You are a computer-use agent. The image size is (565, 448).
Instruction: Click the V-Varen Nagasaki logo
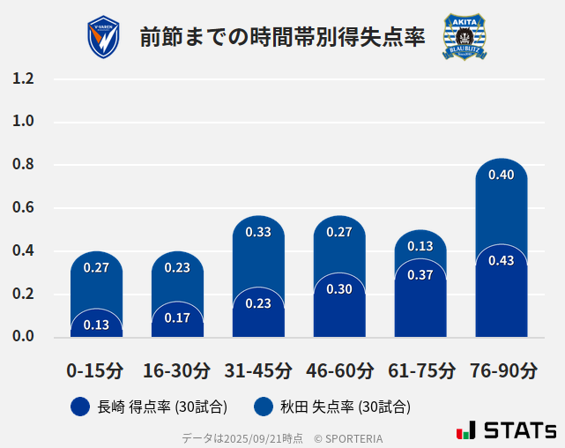pos(103,37)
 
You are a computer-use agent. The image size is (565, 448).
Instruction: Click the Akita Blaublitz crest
pos(464,37)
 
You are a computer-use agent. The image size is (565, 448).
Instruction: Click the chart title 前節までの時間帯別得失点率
pos(282,37)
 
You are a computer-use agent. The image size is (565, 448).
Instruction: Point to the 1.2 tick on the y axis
pos(23,79)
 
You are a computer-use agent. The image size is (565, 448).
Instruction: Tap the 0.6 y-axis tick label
pos(23,208)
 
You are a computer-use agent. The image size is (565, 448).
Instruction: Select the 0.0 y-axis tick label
pos(23,336)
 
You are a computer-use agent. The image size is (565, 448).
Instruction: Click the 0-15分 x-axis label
pos(95,370)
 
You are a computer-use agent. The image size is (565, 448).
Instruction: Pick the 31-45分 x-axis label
pos(257,370)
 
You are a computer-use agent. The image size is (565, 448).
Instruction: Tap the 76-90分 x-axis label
pos(501,370)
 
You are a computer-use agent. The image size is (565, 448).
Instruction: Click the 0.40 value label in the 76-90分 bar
pos(501,175)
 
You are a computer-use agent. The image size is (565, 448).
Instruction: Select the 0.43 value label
pos(501,260)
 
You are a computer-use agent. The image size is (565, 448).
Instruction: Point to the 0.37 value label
pos(420,275)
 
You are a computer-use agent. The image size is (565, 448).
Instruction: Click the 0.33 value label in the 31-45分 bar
pos(257,232)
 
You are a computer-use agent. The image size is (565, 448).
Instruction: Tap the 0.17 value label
pos(177,317)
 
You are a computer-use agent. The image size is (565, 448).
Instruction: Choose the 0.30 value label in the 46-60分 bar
pos(339,288)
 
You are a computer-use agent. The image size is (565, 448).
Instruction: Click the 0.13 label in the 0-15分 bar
pos(96,325)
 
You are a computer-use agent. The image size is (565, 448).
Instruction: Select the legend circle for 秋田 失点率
pos(263,407)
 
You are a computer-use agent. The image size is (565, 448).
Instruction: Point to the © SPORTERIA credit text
pos(348,437)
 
